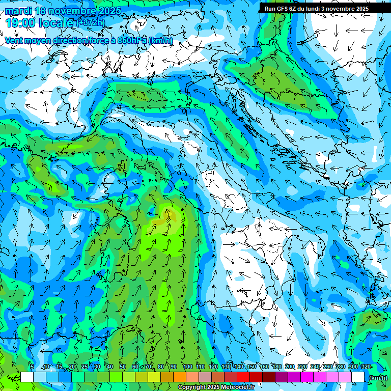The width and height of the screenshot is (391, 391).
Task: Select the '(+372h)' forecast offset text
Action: click(90, 23)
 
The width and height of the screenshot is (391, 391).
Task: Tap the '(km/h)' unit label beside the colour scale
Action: click(377, 378)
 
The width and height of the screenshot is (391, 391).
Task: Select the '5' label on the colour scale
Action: click(32, 367)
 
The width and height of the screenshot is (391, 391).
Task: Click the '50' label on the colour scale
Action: click(123, 367)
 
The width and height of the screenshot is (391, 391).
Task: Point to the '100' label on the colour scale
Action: click(187, 367)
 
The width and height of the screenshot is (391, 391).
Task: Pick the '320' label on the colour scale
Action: click(366, 367)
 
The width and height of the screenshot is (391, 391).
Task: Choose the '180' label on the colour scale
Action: click(276, 367)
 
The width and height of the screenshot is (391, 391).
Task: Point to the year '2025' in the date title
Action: click(108, 11)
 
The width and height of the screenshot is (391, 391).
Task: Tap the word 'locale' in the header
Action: click(58, 23)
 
